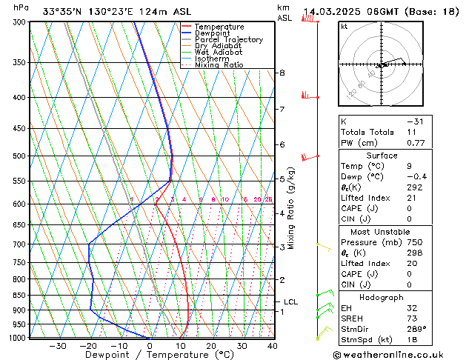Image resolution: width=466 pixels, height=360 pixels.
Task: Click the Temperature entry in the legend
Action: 219,27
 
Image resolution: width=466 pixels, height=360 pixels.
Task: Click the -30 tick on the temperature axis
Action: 57,346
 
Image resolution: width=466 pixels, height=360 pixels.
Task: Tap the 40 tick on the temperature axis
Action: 272,346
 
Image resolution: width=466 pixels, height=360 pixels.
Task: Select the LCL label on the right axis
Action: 290,301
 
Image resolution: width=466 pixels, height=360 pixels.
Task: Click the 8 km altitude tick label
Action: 282,73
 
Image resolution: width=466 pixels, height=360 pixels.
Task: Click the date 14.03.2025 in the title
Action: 333,12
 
